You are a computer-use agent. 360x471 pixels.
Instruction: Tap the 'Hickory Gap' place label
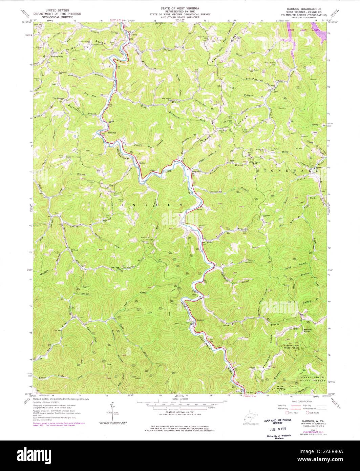(x=57, y=57)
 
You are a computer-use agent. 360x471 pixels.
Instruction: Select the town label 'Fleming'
(x=112, y=132)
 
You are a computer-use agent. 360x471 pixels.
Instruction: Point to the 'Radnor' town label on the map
(x=142, y=162)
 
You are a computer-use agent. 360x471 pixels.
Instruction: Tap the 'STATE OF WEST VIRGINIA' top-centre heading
(x=180, y=7)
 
